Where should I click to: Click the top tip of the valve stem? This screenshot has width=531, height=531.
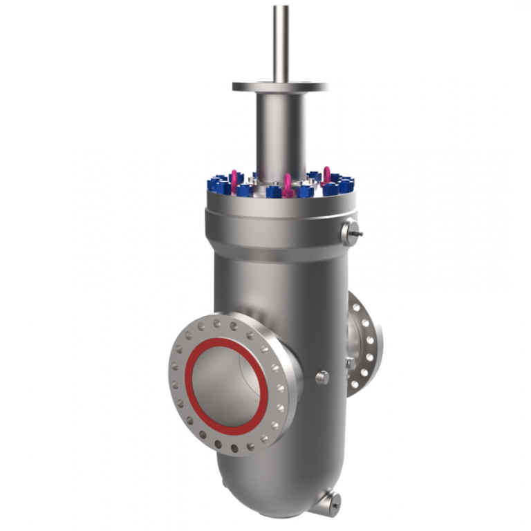[x=281, y=7]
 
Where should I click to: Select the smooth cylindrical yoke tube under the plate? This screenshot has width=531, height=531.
[x=281, y=131]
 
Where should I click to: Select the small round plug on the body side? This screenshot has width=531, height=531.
[x=321, y=377]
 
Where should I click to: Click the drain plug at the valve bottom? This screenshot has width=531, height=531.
[x=335, y=499]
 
